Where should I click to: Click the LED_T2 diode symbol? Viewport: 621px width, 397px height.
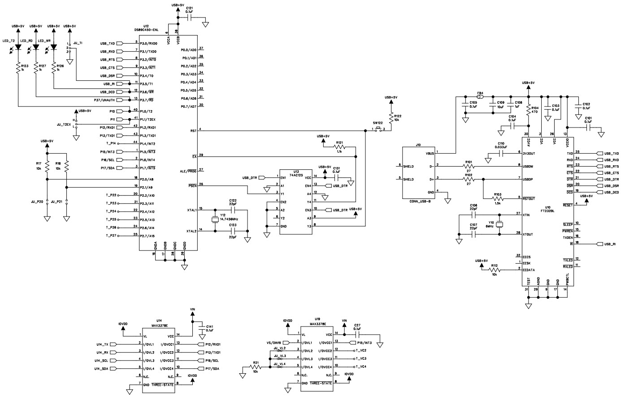(18, 47)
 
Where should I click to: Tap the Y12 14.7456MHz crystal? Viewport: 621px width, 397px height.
(215, 220)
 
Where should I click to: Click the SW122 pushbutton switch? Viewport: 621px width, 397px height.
(378, 130)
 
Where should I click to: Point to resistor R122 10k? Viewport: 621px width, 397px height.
(391, 117)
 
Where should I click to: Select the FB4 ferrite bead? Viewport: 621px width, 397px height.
(480, 96)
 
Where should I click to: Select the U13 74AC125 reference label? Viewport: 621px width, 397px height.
(293, 172)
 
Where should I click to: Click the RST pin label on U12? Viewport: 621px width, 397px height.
(193, 130)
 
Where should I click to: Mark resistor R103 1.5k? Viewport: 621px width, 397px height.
(497, 198)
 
